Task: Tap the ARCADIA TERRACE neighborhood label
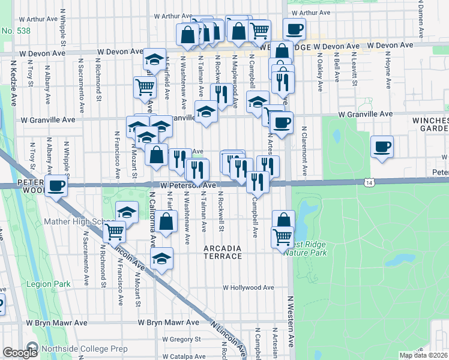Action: [x=223, y=252]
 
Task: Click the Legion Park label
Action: [x=49, y=284]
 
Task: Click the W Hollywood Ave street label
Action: [x=248, y=287]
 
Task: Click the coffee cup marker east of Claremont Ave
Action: [x=382, y=146]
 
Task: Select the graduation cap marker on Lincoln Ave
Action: [x=161, y=259]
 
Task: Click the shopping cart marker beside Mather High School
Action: [x=114, y=230]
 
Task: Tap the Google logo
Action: [x=20, y=353]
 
